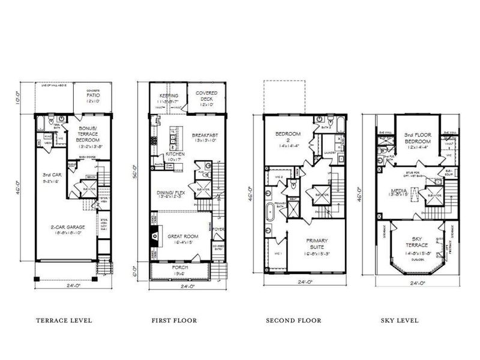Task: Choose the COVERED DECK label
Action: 206,96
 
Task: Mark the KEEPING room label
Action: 169,96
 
